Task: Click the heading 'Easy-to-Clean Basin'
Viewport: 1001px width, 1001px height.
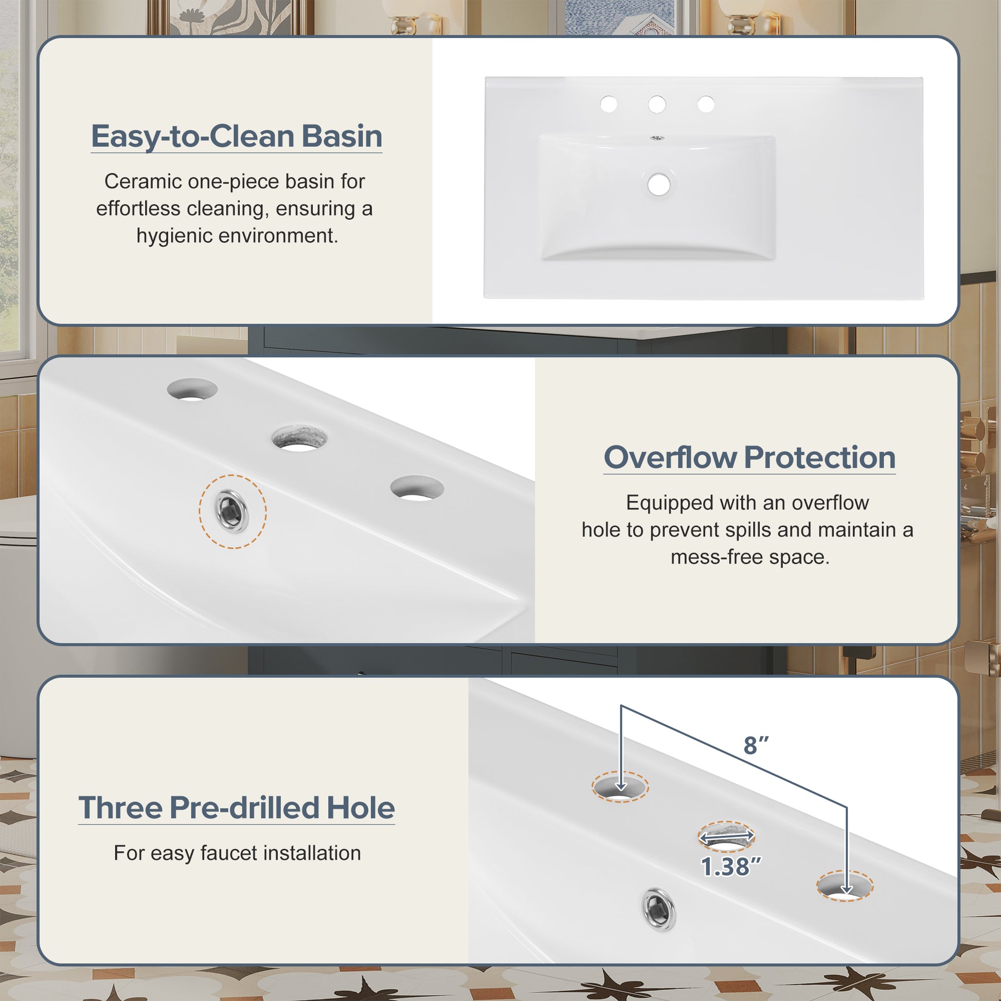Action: pyautogui.click(x=237, y=136)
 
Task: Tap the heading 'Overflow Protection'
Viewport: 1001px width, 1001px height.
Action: pyautogui.click(x=749, y=457)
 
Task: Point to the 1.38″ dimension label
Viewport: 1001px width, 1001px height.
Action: pyautogui.click(x=731, y=867)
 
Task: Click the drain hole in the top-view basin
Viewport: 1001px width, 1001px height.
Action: pyautogui.click(x=658, y=185)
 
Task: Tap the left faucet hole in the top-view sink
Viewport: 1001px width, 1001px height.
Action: pyautogui.click(x=609, y=104)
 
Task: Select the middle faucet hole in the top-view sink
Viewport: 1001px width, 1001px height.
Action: pyautogui.click(x=657, y=104)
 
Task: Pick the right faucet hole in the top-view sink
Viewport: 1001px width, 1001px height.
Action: pyautogui.click(x=706, y=104)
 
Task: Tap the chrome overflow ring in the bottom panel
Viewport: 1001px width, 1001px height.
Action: pyautogui.click(x=658, y=909)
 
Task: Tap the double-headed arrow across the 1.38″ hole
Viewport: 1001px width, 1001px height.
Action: pyautogui.click(x=726, y=837)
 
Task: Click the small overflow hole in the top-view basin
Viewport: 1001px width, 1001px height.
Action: pyautogui.click(x=657, y=138)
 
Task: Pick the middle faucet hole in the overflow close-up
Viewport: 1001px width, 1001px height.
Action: pyautogui.click(x=299, y=438)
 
